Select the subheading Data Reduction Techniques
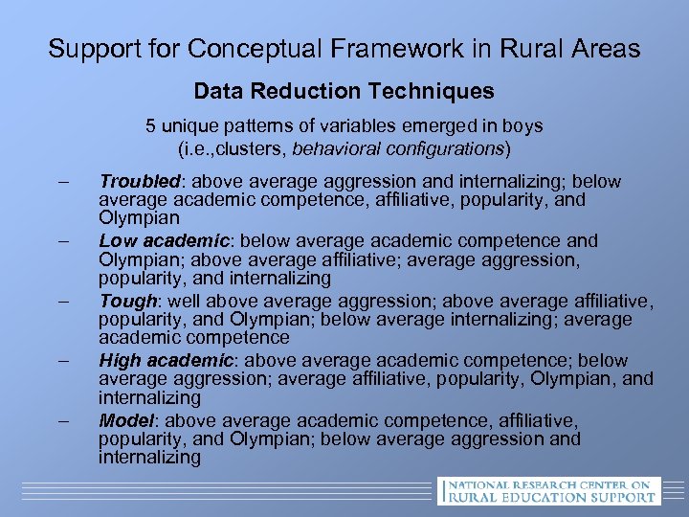tap(344, 91)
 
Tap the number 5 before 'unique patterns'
tap(150, 125)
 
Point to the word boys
tap(522, 125)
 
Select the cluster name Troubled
tap(140, 181)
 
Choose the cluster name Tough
tap(128, 301)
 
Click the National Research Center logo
tap(547, 489)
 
